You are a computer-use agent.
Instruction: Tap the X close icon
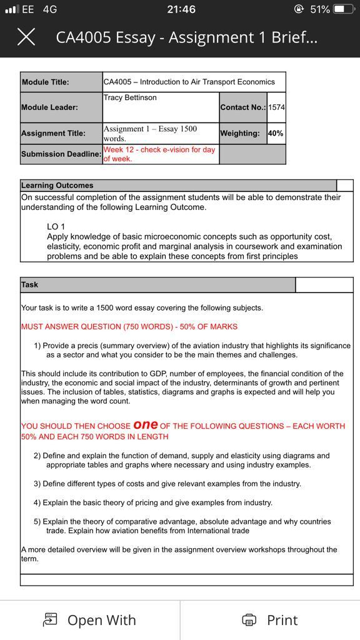click(26, 37)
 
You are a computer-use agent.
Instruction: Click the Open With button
click(90, 619)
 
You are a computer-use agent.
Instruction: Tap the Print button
click(270, 619)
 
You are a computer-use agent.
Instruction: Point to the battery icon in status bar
click(343, 9)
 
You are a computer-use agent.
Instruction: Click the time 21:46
click(181, 9)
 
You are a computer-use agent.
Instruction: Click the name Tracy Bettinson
click(131, 97)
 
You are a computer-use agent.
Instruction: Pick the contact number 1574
click(276, 107)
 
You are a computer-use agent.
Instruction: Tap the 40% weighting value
click(275, 133)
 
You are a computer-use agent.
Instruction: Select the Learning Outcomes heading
click(57, 185)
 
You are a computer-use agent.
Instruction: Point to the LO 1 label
click(56, 226)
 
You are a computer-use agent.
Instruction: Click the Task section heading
click(29, 284)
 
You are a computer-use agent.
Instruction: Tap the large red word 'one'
click(145, 424)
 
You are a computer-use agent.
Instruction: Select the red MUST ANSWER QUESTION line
click(129, 326)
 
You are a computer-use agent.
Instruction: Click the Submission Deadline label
click(61, 154)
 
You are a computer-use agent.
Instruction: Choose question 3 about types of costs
click(167, 484)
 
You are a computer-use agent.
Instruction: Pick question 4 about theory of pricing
click(153, 502)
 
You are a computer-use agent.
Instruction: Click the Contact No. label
click(242, 107)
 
